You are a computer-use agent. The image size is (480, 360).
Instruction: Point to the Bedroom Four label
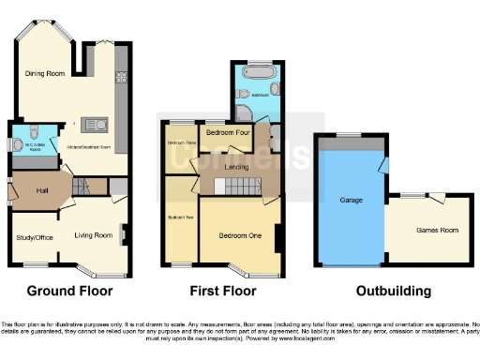point(225,132)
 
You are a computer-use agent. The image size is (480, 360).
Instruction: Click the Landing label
point(236,168)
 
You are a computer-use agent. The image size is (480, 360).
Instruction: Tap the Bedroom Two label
point(181,217)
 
